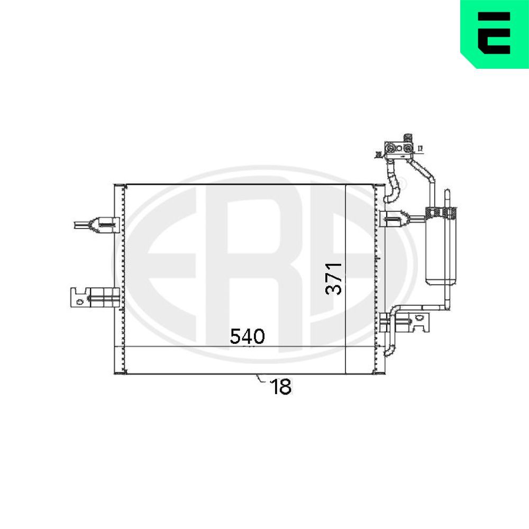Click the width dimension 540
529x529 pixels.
[x=247, y=336]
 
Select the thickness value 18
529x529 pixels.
[x=281, y=387]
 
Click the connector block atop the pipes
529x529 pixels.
[x=398, y=149]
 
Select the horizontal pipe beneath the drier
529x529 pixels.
[x=418, y=307]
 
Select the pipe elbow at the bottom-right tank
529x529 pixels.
[x=388, y=349]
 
